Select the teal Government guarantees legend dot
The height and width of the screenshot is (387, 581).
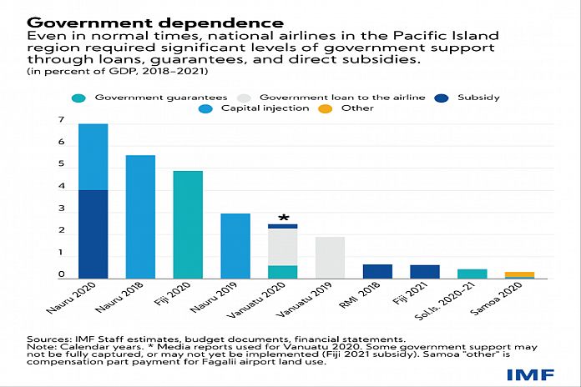pyautogui.click(x=79, y=98)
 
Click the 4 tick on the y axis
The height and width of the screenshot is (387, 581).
pyautogui.click(x=61, y=189)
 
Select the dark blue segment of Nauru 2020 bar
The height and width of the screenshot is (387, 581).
pyautogui.click(x=93, y=234)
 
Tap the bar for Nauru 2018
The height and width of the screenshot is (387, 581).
pyautogui.click(x=139, y=217)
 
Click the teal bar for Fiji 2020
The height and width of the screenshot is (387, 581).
pyautogui.click(x=188, y=224)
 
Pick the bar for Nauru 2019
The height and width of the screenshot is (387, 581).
pyautogui.click(x=235, y=246)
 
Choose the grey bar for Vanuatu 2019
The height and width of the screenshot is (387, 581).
pyautogui.click(x=331, y=258)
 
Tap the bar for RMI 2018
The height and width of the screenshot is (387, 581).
pyautogui.click(x=378, y=271)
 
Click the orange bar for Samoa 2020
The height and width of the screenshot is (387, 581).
pyautogui.click(x=520, y=274)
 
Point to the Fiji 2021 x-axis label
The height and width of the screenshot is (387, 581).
pyautogui.click(x=415, y=298)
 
